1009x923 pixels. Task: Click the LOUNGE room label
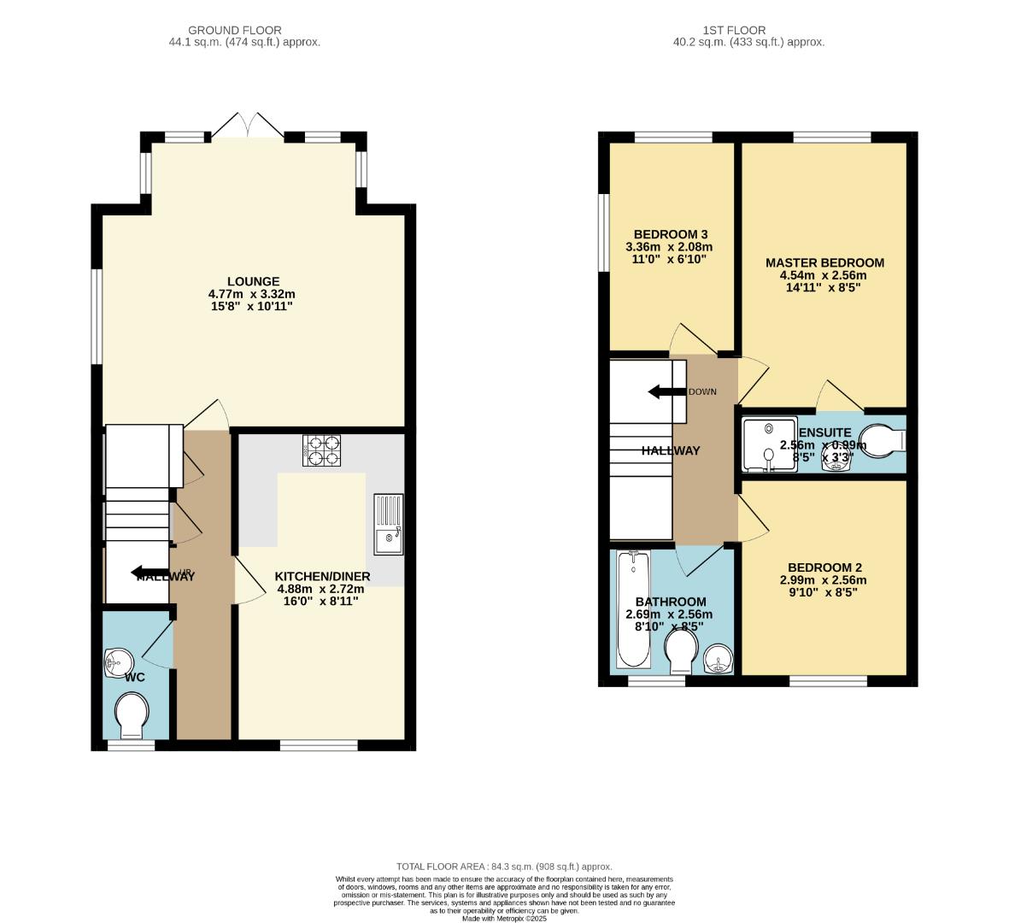[253, 282]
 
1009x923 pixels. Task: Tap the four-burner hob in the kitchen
[321, 450]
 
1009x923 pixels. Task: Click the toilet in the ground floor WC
[131, 714]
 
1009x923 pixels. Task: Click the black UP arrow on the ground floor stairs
[150, 573]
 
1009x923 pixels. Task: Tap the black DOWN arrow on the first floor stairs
[667, 391]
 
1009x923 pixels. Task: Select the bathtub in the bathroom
[633, 609]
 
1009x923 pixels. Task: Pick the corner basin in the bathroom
[719, 660]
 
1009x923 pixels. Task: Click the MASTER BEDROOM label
[824, 262]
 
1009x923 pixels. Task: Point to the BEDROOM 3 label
[670, 234]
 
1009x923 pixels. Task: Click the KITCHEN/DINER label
[321, 577]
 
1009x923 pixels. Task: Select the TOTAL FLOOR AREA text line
[504, 866]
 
